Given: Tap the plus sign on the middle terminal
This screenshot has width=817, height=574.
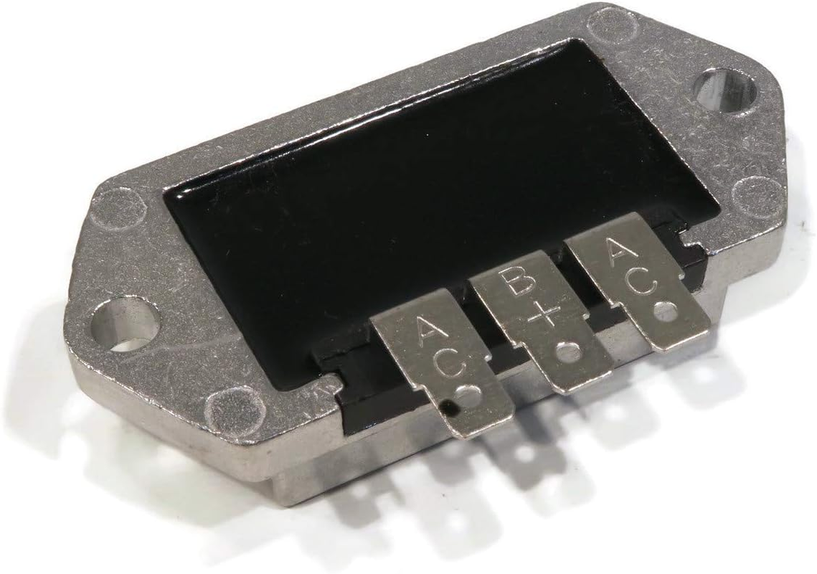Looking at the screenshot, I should [x=545, y=316].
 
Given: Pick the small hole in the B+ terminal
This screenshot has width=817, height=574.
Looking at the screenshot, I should [x=568, y=352].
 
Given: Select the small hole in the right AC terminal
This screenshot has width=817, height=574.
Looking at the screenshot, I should [x=666, y=312].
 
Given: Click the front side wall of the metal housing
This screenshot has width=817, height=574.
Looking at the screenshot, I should [x=215, y=445].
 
